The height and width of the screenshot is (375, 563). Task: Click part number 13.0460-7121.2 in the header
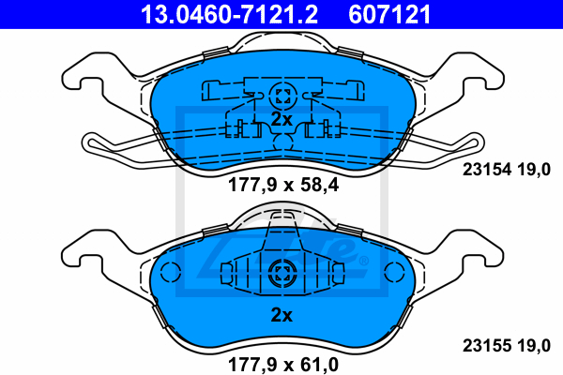coord(229,14)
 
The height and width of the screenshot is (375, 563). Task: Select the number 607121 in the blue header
coord(389,14)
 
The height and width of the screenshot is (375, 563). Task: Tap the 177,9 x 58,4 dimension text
coord(283,186)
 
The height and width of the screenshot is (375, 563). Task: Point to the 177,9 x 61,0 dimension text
coord(283,365)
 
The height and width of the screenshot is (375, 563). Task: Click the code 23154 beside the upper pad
coord(486,169)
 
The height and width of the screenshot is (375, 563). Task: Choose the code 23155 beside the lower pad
coord(486,346)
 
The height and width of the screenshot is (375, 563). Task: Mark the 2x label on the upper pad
coord(281,119)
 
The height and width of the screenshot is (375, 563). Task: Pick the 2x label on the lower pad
coord(281,315)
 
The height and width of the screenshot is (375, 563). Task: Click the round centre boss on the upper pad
coord(283,96)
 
